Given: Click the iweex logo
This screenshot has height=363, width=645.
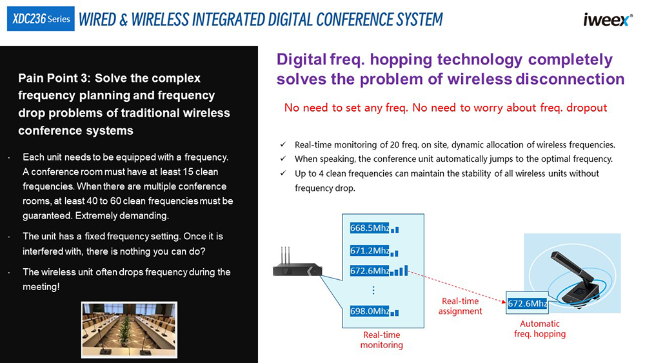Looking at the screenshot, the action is pos(607,20).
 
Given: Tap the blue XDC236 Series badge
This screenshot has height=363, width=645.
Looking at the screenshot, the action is pos(41,19).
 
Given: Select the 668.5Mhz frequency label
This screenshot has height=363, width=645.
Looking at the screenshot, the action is pos(370,228).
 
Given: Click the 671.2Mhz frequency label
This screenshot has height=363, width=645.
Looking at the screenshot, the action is pos(370,250).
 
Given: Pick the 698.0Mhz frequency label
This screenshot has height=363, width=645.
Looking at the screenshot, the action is pos(370,311).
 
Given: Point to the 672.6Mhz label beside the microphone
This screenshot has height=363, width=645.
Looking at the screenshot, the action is pos(527,304).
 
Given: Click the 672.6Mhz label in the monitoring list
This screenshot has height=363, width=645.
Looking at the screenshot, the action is pos(370,271).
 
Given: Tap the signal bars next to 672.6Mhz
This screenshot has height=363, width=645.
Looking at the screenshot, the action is pos(399,271).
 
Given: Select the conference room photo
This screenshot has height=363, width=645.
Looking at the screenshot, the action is pos(129,329).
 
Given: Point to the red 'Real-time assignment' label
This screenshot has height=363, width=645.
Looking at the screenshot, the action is pos(460,306).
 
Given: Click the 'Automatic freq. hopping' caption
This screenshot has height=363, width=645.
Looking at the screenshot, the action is pos(540,329).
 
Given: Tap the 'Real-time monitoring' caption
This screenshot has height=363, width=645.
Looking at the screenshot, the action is pos(381,340).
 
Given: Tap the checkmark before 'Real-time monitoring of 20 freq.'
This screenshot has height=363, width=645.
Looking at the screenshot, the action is pos(283,144).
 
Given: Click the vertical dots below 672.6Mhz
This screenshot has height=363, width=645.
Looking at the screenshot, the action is pos(373,291).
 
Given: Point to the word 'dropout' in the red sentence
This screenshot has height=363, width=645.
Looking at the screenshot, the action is pos(586,108).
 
